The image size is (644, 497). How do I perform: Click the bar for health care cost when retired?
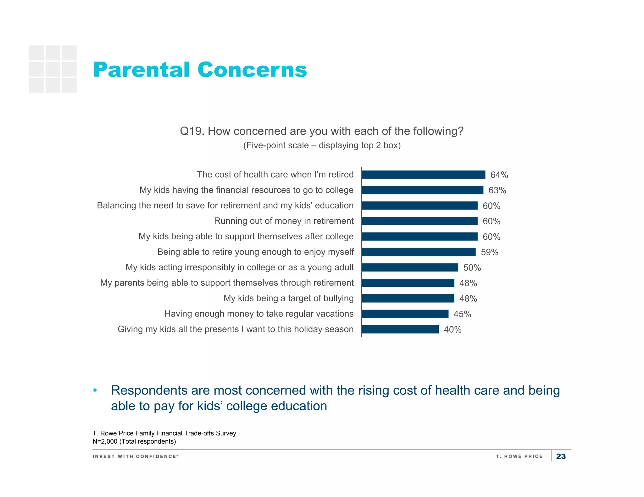(x=423, y=175)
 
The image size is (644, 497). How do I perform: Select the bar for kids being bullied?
(x=408, y=298)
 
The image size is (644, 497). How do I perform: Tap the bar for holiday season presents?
(x=400, y=329)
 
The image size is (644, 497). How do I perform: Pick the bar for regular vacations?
(x=405, y=314)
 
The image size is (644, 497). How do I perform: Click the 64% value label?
(x=499, y=175)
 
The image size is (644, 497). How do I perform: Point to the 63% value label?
(x=497, y=190)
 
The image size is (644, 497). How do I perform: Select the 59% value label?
(x=490, y=252)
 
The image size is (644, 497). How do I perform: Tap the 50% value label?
(x=472, y=268)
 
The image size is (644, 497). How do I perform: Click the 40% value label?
(x=452, y=330)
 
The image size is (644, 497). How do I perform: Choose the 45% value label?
(x=462, y=314)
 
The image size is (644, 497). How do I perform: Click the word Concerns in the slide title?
(x=252, y=70)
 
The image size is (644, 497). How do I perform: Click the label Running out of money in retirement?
(x=284, y=221)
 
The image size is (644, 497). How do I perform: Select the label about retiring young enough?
(x=255, y=252)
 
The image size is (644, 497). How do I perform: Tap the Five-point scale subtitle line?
(x=322, y=145)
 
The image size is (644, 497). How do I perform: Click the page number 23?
(x=561, y=456)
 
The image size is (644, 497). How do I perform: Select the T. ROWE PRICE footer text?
(x=519, y=456)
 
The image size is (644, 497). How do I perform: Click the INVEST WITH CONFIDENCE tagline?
(x=135, y=456)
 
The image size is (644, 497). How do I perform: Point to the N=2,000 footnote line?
(x=134, y=441)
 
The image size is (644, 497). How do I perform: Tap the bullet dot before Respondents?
(x=95, y=390)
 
